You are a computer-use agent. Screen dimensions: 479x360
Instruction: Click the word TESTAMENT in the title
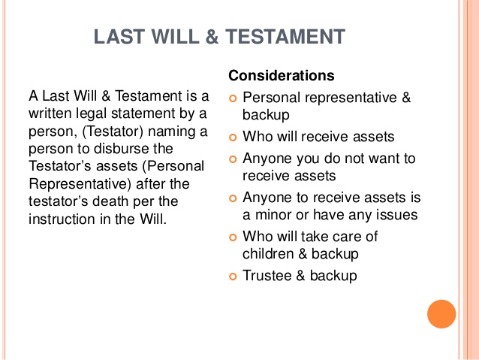pos(285,37)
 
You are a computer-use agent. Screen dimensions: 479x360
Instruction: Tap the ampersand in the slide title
pos(212,37)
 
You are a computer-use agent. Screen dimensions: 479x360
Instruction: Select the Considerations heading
pos(282,75)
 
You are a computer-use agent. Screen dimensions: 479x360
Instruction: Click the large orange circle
pos(441,314)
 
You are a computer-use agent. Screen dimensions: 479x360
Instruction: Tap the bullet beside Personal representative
pos(233,98)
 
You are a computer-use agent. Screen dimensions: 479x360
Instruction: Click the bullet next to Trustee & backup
pos(233,277)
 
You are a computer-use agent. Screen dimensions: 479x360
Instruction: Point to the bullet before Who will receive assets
pos(233,138)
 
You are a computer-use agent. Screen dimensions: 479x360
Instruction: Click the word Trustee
pos(267,275)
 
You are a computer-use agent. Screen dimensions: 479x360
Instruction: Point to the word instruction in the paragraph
pos(62,219)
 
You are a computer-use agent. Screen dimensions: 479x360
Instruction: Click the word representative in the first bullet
pos(351,98)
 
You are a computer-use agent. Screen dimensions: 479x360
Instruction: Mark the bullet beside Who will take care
pos(233,237)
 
